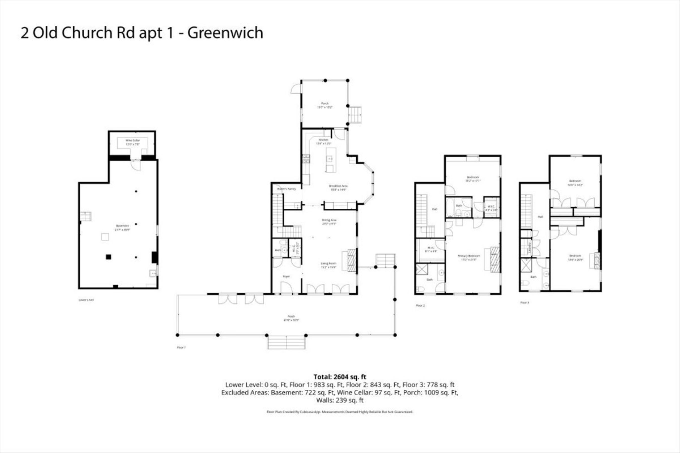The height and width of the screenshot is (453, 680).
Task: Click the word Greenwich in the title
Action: tap(225, 33)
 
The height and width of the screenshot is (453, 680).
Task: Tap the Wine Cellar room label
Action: tap(132, 142)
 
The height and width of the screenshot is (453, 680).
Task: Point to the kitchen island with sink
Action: tap(331, 160)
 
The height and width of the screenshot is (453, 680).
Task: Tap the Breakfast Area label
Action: tap(338, 188)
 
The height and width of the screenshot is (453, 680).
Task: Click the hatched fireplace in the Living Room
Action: tap(352, 260)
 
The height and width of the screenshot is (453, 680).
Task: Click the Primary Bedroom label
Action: tap(469, 257)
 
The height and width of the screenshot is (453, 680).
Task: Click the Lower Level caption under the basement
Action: tap(86, 300)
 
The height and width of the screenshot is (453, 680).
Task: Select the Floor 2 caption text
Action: tap(420, 305)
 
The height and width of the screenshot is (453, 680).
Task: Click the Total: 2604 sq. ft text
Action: tap(340, 377)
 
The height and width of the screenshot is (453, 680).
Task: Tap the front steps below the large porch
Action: tap(286, 342)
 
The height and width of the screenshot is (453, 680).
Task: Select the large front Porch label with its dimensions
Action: tap(291, 318)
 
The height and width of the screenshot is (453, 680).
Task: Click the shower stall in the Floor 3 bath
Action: tap(526, 265)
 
